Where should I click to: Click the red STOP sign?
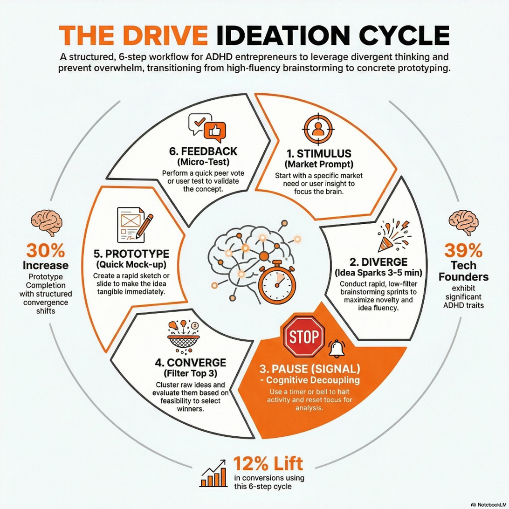[304, 337]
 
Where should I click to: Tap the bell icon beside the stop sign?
[337, 348]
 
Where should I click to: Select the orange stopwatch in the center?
[277, 282]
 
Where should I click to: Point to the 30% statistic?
[46, 250]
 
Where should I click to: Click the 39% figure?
[463, 250]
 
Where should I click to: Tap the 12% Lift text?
[268, 463]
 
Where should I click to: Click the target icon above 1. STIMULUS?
[318, 129]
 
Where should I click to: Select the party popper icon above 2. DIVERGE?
[393, 236]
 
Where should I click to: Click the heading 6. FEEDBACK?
[203, 151]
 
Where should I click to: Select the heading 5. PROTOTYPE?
[131, 254]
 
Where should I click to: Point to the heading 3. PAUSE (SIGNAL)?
[310, 369]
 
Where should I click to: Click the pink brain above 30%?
[47, 222]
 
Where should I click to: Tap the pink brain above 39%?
[463, 222]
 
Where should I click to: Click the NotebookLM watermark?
[488, 505]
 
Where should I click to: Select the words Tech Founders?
[463, 271]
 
